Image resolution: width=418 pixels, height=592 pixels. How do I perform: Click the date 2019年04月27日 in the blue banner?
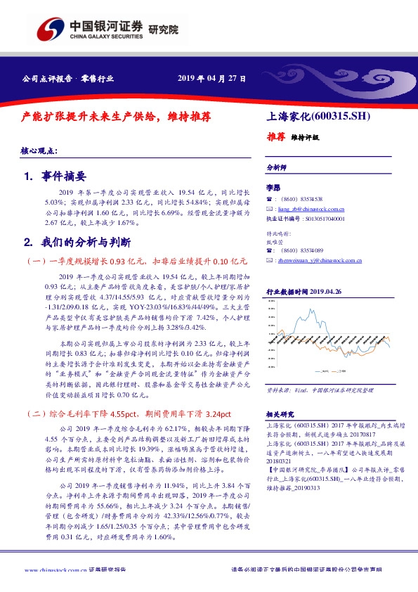click(211, 79)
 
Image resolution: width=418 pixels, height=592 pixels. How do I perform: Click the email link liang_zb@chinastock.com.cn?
click(309, 209)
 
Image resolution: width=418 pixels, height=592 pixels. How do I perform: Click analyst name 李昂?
click(273, 188)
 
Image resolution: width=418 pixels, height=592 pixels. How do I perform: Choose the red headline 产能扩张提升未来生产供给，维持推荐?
click(117, 117)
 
